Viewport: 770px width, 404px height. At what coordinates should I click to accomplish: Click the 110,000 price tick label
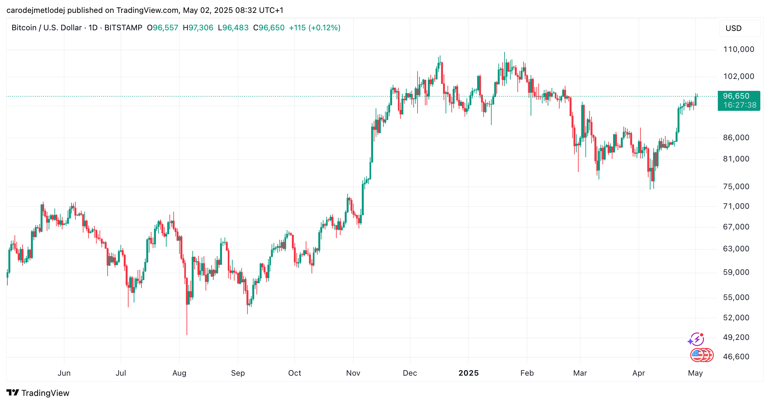738,49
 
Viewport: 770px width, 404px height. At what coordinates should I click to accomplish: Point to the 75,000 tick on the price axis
736,187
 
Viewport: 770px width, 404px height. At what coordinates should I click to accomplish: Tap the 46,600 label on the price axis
736,357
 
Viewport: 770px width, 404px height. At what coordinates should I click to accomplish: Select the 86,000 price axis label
736,138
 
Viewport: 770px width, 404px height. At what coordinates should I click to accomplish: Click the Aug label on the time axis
179,373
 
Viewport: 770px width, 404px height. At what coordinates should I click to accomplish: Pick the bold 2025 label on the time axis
468,373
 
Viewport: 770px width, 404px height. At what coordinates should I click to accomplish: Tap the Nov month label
353,373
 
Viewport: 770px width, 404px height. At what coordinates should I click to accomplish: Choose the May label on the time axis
695,373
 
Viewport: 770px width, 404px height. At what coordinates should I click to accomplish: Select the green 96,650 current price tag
736,96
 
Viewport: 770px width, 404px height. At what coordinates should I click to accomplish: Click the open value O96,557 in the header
162,28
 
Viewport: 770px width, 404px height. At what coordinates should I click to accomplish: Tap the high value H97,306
198,28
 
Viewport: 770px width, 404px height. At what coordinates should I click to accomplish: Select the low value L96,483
233,28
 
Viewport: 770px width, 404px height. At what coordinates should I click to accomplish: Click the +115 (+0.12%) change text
314,28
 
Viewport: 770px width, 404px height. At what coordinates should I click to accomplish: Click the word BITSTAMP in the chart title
123,28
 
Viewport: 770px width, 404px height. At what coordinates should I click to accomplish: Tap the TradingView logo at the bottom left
38,393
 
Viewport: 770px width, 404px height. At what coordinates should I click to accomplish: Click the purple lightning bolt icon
697,339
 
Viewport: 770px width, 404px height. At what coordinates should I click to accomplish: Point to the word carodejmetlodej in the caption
35,10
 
